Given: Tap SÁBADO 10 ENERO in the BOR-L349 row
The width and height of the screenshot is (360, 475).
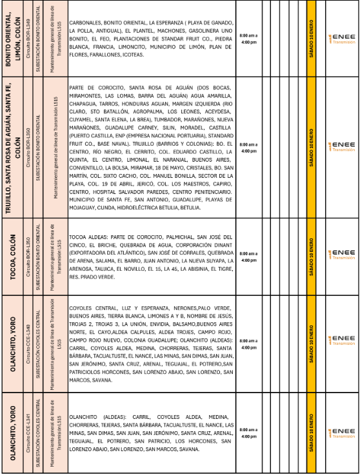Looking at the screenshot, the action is point(312,39).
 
